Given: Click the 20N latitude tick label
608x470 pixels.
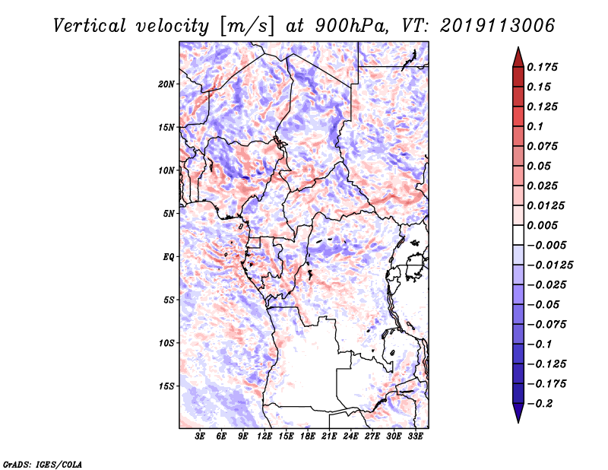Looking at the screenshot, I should click(166, 84).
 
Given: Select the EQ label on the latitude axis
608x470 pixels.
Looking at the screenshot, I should click(169, 257).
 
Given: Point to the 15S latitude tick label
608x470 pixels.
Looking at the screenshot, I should click(166, 386).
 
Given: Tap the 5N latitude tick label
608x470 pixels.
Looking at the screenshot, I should click(169, 214).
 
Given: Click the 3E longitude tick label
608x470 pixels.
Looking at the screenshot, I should click(201, 437).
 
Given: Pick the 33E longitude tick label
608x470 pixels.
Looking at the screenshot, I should click(415, 437).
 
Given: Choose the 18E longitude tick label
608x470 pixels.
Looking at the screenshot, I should click(308, 437).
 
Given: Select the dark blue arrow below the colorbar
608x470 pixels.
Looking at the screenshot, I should click(518, 412).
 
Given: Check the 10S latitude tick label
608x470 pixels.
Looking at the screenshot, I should click(166, 343).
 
